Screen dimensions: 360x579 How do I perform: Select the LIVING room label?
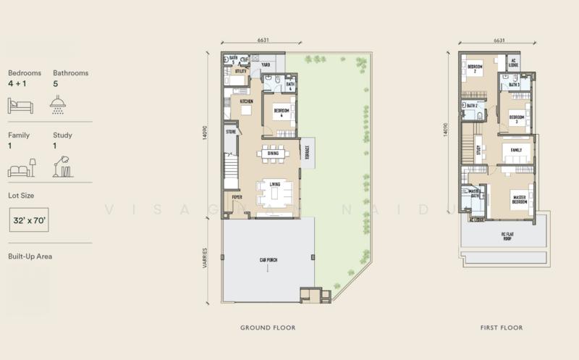[x=276, y=185]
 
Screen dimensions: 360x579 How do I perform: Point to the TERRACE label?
[x=307, y=152]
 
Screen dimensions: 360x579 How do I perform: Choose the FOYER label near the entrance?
[x=236, y=196]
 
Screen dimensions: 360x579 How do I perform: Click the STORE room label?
[x=232, y=132]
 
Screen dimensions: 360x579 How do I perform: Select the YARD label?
[x=255, y=64]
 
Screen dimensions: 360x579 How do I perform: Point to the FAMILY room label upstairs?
[x=516, y=150]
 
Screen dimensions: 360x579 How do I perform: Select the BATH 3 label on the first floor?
[x=514, y=85]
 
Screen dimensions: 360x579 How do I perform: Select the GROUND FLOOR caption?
[x=268, y=328]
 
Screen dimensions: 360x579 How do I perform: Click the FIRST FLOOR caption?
[x=501, y=328]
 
